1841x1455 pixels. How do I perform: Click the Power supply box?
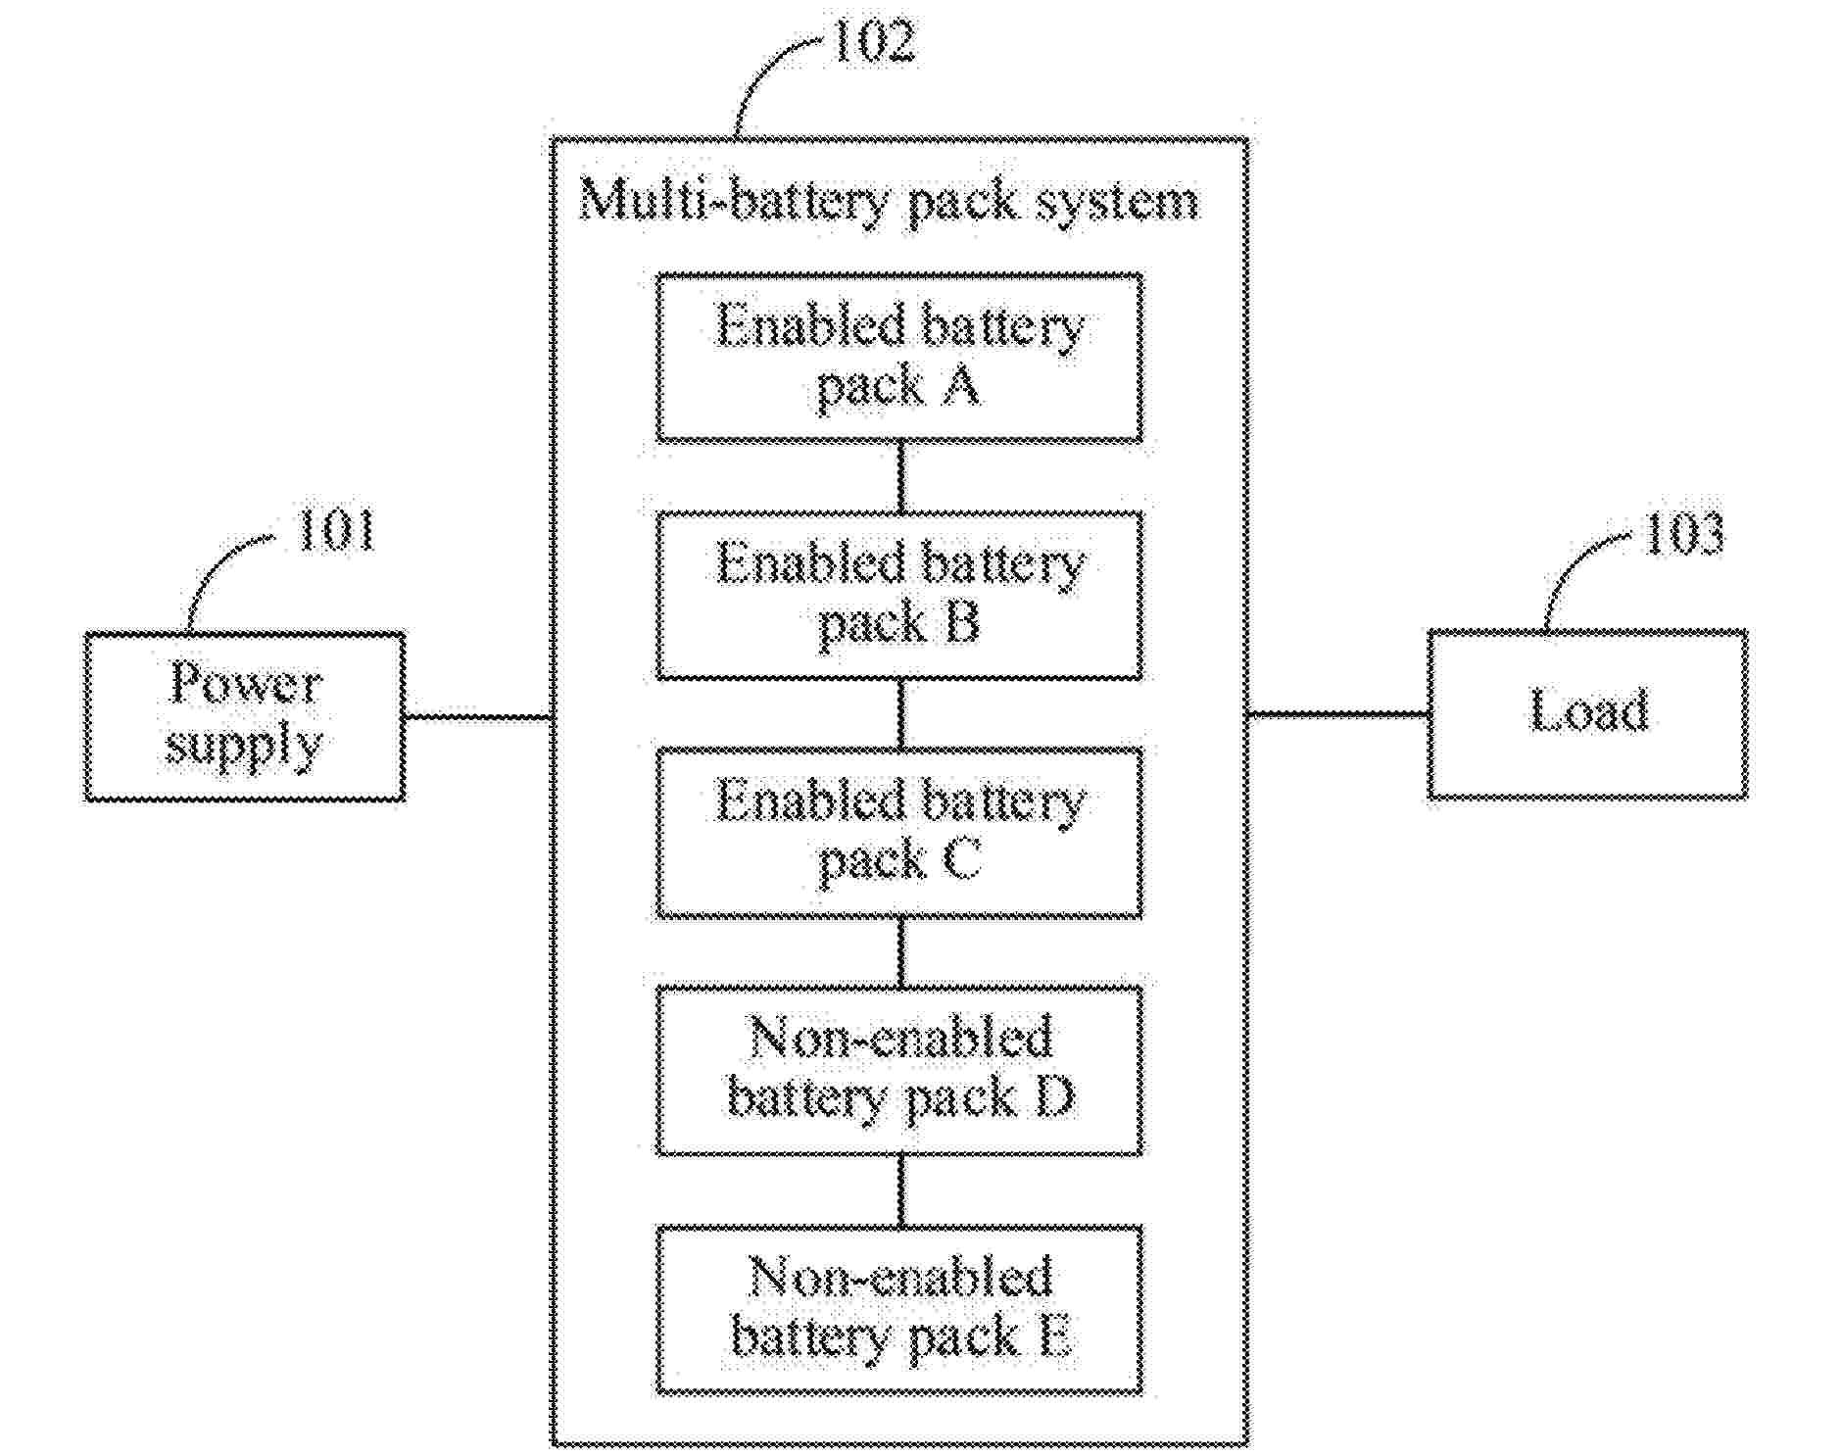point(244,716)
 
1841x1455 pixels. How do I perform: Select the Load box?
point(1587,714)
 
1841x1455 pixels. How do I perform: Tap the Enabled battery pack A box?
point(899,358)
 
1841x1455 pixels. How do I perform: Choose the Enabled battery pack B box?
point(899,595)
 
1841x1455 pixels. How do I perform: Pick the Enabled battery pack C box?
point(899,833)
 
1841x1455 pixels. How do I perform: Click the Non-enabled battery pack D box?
point(899,1070)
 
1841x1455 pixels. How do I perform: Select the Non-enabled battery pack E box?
point(899,1309)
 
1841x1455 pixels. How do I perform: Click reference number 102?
point(873,42)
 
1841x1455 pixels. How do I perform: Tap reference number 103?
point(1683,534)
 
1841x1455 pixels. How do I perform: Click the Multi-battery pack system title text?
point(889,202)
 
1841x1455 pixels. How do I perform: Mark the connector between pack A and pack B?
point(901,476)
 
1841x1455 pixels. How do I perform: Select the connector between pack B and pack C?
point(901,713)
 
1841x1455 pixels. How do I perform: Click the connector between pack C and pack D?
point(901,951)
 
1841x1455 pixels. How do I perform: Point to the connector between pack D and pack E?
point(901,1189)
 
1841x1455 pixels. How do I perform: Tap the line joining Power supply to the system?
point(478,717)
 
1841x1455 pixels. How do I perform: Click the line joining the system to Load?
point(1337,714)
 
